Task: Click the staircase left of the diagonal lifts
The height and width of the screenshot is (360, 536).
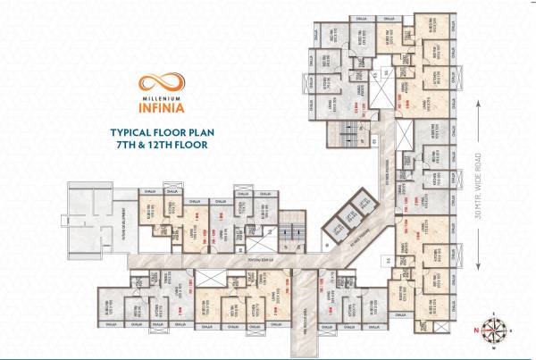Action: (290, 235)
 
